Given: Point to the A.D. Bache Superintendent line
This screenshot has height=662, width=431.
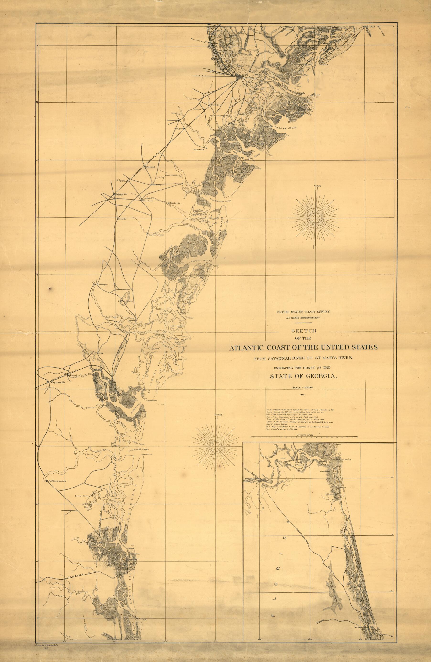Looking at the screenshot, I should click(x=302, y=317).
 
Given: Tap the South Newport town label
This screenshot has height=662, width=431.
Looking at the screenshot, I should click(x=156, y=234).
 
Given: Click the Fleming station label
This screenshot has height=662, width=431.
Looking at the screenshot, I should click(x=149, y=167).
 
